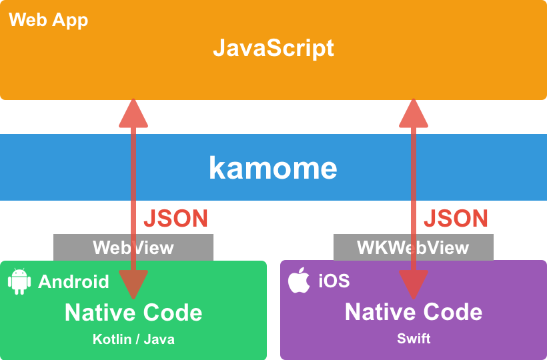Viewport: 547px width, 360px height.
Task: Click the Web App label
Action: (x=48, y=19)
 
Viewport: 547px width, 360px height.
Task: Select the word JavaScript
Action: (x=273, y=48)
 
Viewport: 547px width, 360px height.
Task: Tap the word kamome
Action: (x=273, y=168)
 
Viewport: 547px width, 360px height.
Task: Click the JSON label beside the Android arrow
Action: (x=176, y=218)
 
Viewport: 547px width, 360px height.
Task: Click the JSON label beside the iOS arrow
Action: (x=456, y=218)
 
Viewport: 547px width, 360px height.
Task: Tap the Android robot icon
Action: (x=19, y=281)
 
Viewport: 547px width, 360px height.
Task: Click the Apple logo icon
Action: (x=300, y=281)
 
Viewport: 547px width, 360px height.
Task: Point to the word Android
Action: (x=73, y=281)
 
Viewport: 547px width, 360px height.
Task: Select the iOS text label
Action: (x=334, y=281)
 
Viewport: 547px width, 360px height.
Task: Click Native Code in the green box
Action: (x=133, y=312)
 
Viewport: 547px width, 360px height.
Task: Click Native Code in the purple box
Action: (x=414, y=312)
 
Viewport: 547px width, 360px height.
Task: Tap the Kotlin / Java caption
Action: (x=133, y=339)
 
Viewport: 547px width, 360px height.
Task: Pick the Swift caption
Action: (x=414, y=339)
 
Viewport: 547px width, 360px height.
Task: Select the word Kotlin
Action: (x=110, y=339)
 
